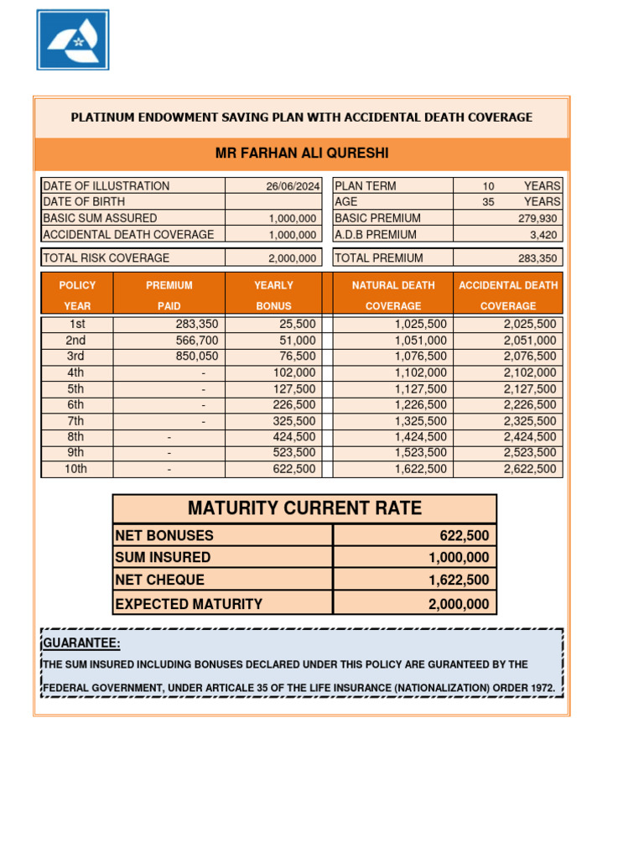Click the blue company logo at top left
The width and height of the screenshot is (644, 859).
point(73,39)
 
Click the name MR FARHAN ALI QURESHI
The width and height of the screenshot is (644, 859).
point(302,154)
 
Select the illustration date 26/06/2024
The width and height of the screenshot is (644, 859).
point(293,186)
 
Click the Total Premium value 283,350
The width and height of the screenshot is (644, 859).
point(537,258)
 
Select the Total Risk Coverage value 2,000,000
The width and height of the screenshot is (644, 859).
point(292,258)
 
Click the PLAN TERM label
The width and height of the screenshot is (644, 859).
point(366,186)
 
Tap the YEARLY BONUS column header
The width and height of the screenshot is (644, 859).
point(273,295)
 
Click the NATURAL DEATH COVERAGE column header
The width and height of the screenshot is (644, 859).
point(392,295)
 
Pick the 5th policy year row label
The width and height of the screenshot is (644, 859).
point(75,389)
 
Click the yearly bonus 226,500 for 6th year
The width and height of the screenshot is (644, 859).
point(294,405)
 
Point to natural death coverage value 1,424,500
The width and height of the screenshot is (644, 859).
point(420,437)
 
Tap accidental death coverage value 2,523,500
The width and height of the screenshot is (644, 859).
point(529,453)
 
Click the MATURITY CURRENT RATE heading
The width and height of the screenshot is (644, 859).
point(304,508)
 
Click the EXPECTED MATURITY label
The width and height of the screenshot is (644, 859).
point(189,604)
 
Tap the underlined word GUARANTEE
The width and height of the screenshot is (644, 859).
point(81,643)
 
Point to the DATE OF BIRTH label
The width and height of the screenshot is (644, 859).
point(84,202)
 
